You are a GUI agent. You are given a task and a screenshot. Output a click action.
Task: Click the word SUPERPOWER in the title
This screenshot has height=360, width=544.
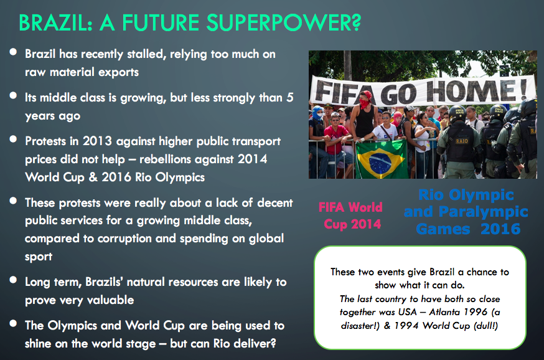[x=284, y=22]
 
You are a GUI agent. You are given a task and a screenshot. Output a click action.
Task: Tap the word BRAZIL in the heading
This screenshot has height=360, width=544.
[x=56, y=22]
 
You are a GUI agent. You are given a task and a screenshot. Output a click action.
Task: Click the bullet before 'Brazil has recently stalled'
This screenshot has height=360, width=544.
[x=13, y=52]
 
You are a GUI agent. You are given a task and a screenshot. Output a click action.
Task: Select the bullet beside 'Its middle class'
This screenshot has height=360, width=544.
[x=13, y=95]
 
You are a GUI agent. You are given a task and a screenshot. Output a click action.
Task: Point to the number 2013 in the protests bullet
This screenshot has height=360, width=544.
[x=97, y=141]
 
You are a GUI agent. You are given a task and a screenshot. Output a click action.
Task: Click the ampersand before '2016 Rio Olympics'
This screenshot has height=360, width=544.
[x=93, y=178]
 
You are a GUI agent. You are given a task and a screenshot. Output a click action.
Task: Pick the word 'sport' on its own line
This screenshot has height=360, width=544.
[x=39, y=257]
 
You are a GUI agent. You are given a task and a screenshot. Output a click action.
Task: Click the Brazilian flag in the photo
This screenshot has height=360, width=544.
[x=381, y=159]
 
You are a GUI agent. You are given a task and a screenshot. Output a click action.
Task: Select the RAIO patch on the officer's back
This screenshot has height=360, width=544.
[x=462, y=141]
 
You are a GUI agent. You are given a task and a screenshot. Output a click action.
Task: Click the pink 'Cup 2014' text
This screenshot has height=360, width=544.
[x=352, y=224]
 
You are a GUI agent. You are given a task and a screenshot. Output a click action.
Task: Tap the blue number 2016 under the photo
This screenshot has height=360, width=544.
[x=500, y=229]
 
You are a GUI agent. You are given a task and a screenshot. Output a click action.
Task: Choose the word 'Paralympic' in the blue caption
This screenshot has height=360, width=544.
[x=483, y=211]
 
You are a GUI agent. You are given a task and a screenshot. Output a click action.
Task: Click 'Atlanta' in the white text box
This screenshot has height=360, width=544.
[x=445, y=312]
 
